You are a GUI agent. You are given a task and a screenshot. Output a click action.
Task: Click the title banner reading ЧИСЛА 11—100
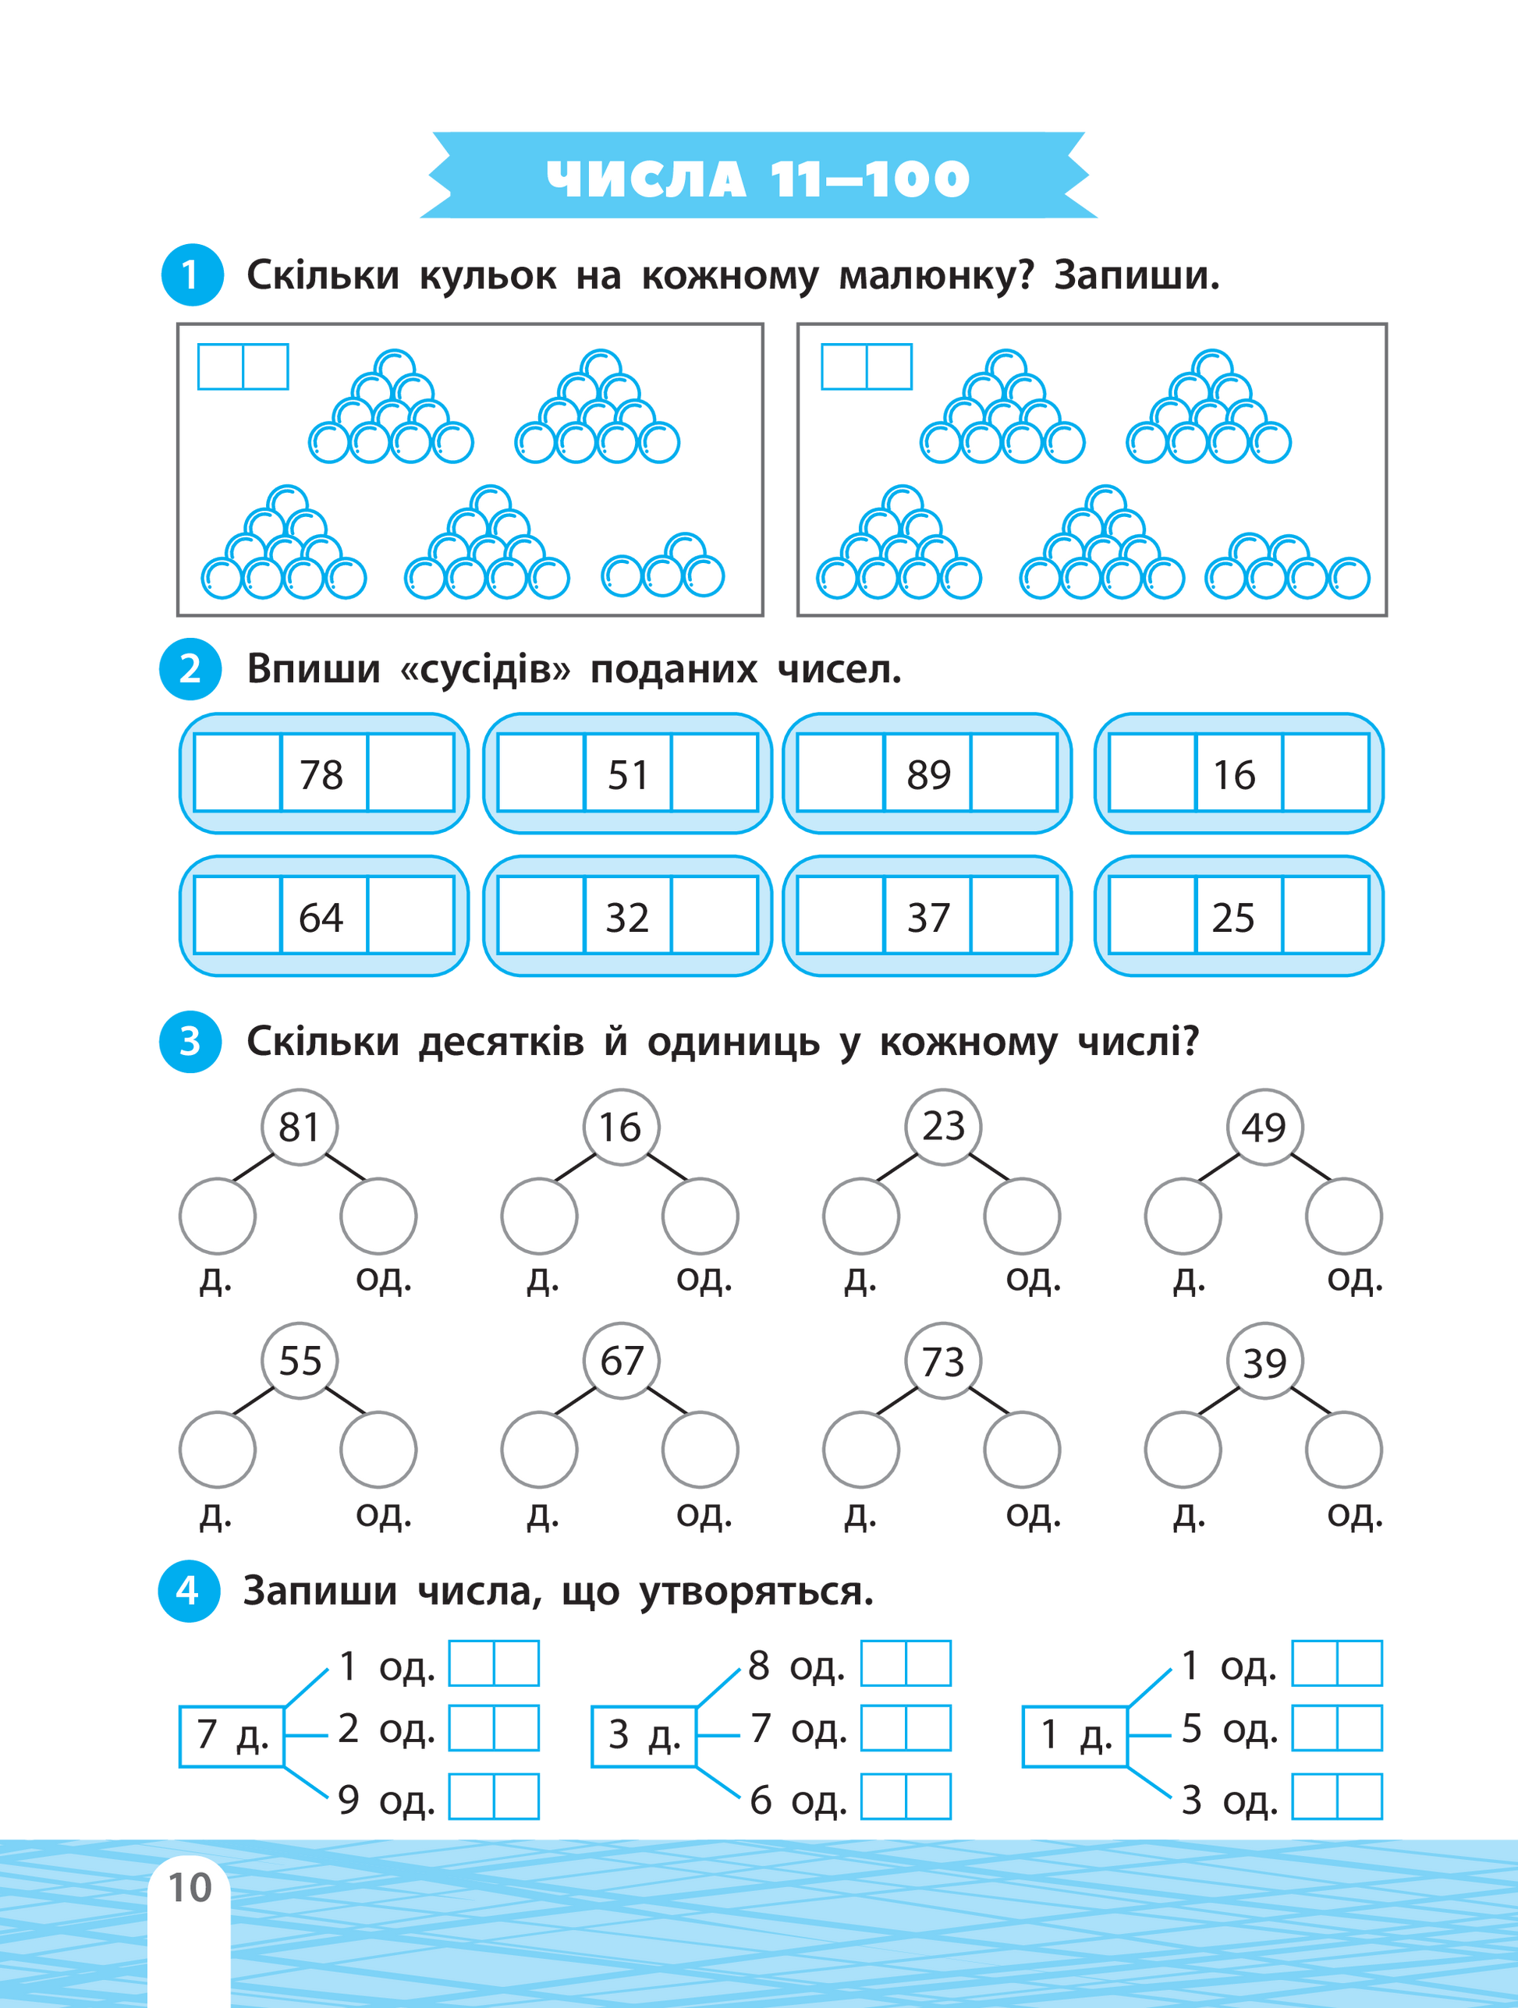point(758,177)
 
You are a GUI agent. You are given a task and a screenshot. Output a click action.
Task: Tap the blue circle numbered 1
point(190,274)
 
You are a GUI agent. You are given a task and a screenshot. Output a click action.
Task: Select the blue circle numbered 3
point(190,1041)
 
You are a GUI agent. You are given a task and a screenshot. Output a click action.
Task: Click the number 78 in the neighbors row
point(322,774)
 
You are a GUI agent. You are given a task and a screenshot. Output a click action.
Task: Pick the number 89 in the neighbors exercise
point(927,774)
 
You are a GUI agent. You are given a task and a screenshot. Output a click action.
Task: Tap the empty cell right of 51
point(715,774)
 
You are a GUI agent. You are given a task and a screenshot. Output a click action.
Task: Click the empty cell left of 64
point(238,916)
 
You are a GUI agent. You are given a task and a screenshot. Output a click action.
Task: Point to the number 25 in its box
point(1234,917)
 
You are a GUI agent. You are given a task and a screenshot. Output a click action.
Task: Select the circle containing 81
point(300,1128)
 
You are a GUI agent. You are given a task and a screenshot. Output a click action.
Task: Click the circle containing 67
point(622,1361)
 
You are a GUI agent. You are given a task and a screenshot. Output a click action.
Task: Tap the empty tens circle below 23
point(860,1216)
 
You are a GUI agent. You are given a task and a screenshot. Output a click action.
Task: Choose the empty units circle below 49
point(1344,1216)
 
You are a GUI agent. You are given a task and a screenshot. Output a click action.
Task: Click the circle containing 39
point(1264,1361)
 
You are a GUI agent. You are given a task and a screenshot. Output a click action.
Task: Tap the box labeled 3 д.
point(642,1736)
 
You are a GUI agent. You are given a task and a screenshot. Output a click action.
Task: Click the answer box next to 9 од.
point(494,1797)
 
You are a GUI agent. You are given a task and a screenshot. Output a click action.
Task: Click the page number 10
point(190,1887)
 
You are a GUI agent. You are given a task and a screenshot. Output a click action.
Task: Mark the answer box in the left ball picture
point(243,367)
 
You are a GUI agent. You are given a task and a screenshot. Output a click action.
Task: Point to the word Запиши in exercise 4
point(320,1591)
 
